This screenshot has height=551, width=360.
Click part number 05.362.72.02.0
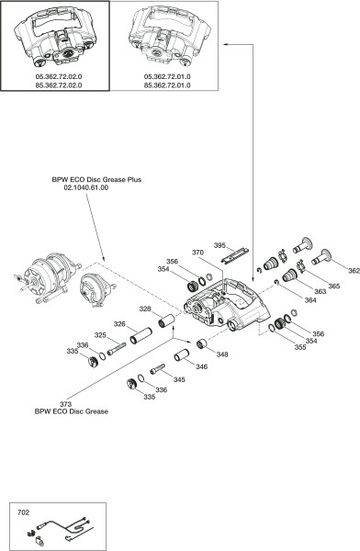pyautogui.click(x=59, y=76)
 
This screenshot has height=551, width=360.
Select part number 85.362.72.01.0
pyautogui.click(x=167, y=85)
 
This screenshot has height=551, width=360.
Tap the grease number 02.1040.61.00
pyautogui.click(x=85, y=187)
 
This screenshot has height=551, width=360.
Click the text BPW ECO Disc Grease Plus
pyautogui.click(x=96, y=180)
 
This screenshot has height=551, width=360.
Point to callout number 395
pyautogui.click(x=219, y=245)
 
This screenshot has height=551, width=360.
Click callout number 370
pyautogui.click(x=197, y=253)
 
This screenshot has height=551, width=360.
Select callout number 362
pyautogui.click(x=354, y=271)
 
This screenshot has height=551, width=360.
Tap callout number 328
pyautogui.click(x=145, y=309)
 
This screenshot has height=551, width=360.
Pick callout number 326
pyautogui.click(x=119, y=323)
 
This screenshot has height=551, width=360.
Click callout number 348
pyautogui.click(x=222, y=354)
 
